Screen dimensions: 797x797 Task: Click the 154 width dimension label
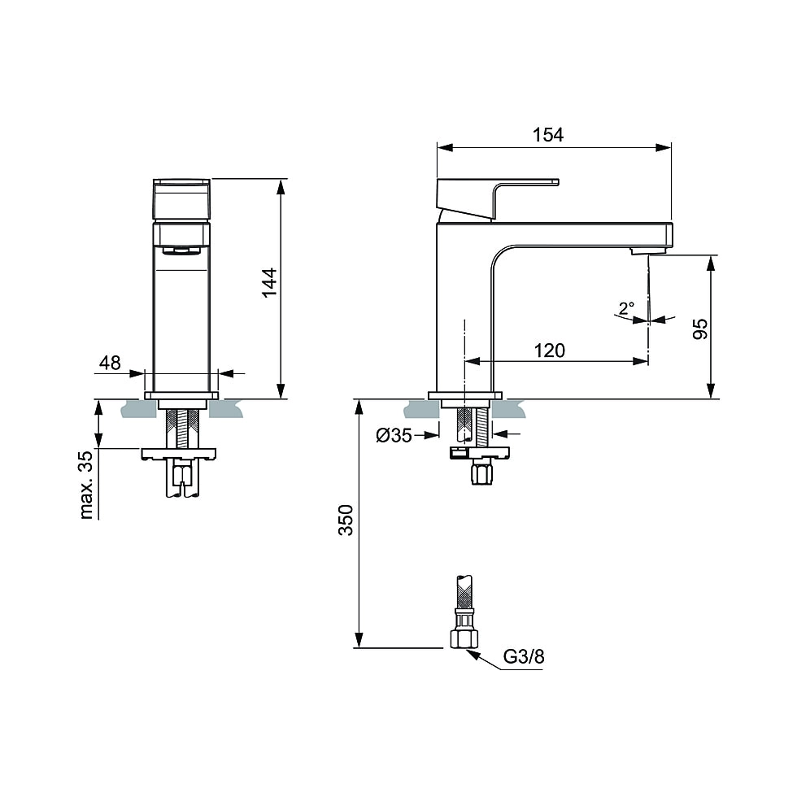[x=548, y=135]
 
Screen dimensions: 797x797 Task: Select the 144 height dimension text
[x=269, y=282]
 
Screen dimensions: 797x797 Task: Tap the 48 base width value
[x=110, y=363]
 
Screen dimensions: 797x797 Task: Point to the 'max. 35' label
[x=88, y=484]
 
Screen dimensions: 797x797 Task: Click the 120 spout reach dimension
[x=550, y=351]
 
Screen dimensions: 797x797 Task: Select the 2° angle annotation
[x=625, y=309]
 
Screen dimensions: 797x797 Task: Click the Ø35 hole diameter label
[x=394, y=436]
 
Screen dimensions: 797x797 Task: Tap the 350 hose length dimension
[x=346, y=520]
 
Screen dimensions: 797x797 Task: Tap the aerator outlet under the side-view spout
[x=642, y=252]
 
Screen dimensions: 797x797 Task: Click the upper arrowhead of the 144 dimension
[x=281, y=186]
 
